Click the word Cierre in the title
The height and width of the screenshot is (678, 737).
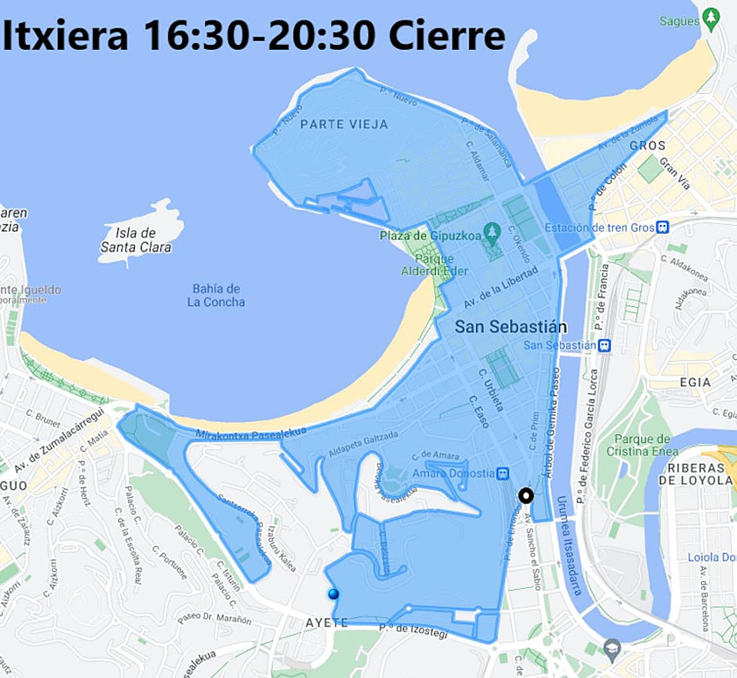click(447, 35)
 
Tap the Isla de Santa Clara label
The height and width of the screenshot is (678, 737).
click(136, 240)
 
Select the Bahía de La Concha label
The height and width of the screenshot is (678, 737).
click(216, 295)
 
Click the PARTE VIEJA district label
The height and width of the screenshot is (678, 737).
click(344, 125)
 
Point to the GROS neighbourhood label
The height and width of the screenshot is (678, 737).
click(647, 145)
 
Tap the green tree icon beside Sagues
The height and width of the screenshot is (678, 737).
click(711, 18)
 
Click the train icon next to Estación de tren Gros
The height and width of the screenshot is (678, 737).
click(662, 227)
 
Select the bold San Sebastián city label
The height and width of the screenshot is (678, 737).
click(511, 327)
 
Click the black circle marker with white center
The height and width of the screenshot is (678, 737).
click(526, 496)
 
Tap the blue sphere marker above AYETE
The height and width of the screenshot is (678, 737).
click(333, 594)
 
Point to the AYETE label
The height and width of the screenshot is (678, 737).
click(327, 623)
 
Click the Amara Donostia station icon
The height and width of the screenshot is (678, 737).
click(503, 473)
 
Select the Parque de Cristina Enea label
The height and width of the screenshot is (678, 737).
click(638, 445)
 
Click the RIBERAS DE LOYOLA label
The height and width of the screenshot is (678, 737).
click(695, 473)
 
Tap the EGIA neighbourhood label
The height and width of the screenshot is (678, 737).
click(695, 382)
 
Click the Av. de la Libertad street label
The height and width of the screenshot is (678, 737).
click(500, 287)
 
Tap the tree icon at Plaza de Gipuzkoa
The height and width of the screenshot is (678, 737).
click(491, 232)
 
